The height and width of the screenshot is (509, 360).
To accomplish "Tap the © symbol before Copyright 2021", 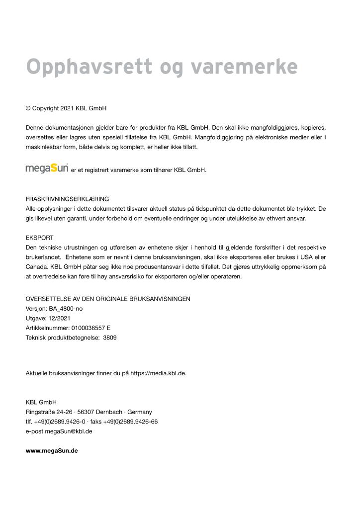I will pyautogui.click(x=28, y=108).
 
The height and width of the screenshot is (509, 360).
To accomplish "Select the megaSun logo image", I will pyautogui.click(x=47, y=169).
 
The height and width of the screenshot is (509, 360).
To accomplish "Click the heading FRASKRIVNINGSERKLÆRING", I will pyautogui.click(x=67, y=199).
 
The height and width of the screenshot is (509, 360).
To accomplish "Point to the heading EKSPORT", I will pyautogui.click(x=39, y=238).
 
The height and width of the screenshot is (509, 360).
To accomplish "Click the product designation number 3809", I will pyautogui.click(x=109, y=338).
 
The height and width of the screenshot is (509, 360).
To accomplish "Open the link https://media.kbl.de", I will pyautogui.click(x=158, y=373).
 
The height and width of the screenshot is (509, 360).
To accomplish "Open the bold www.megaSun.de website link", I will pyautogui.click(x=52, y=451).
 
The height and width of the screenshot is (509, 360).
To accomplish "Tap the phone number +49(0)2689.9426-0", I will pyautogui.click(x=59, y=422).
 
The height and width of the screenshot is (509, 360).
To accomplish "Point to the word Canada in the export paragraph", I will pyautogui.click(x=35, y=267).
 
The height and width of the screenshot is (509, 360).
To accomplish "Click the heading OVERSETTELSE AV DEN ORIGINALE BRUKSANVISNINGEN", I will pyautogui.click(x=108, y=299).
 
